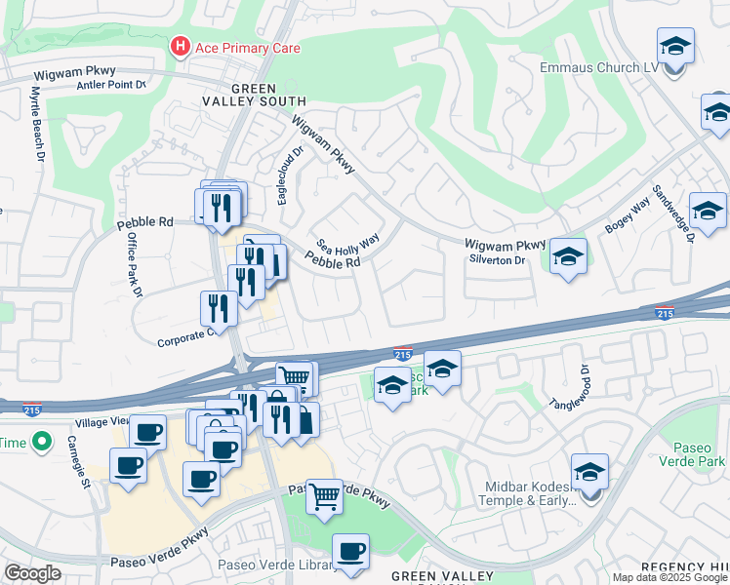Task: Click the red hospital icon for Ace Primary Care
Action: click(x=180, y=46)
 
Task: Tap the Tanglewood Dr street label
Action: click(x=571, y=387)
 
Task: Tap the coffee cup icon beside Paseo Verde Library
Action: click(x=350, y=551)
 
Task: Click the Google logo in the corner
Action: click(x=31, y=573)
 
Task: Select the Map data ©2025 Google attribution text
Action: click(x=669, y=577)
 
